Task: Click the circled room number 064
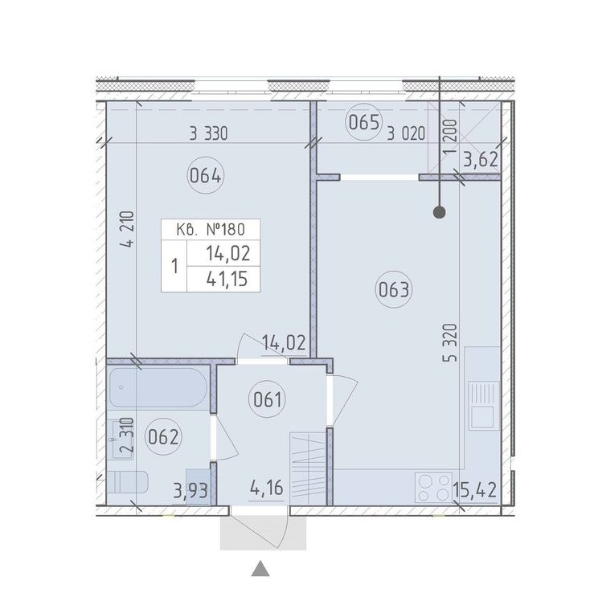click(206, 176)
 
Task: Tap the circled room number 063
click(394, 290)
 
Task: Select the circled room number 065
click(363, 122)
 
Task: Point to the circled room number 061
click(267, 399)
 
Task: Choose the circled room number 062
click(163, 437)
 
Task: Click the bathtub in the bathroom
click(158, 387)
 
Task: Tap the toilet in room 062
click(127, 481)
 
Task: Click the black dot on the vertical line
click(440, 212)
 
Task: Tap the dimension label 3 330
click(208, 134)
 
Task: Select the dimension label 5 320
click(452, 342)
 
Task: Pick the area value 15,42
click(475, 491)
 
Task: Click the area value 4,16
click(267, 488)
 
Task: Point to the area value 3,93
click(190, 492)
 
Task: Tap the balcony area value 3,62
click(481, 160)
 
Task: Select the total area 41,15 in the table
click(227, 279)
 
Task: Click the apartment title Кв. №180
click(211, 230)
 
